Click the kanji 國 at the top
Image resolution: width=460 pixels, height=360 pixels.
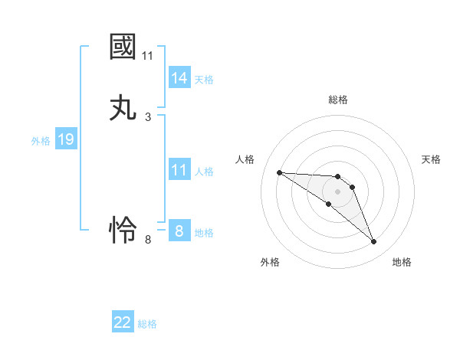[x=123, y=47]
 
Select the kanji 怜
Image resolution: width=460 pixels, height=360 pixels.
[x=123, y=230]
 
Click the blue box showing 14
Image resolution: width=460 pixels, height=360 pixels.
[x=179, y=78]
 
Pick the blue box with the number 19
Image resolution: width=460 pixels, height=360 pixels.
[x=65, y=140]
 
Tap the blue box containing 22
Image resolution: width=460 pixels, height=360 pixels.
[x=123, y=322]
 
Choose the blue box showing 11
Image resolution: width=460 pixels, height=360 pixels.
[x=179, y=171]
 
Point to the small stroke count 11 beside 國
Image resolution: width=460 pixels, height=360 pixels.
[x=148, y=56]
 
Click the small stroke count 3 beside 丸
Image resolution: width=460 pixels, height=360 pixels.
[x=148, y=117]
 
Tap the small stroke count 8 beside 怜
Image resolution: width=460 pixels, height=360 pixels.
[x=148, y=240]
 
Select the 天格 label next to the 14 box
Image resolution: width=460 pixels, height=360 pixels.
[x=204, y=80]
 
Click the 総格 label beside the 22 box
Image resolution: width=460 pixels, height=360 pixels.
[x=147, y=324]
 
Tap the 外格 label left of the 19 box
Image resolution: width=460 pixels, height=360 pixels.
[x=41, y=141]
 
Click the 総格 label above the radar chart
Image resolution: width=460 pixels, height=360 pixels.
[x=338, y=100]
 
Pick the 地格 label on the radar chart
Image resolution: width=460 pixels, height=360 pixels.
[x=402, y=262]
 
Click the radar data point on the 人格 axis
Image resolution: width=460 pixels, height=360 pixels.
[x=279, y=172]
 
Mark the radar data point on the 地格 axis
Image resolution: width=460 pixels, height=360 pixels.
[x=373, y=242]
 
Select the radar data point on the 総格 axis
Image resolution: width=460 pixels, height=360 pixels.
[x=337, y=177]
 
